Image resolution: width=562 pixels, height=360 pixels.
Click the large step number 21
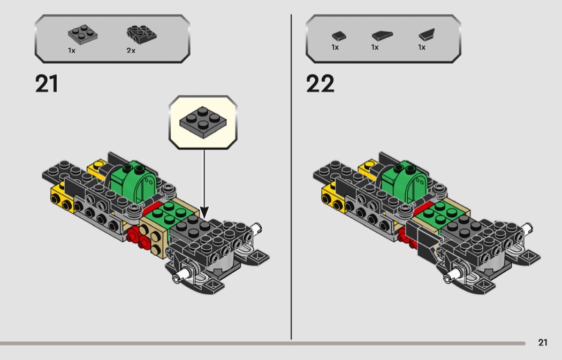(47, 84)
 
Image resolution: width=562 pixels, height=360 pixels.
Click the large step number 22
(320, 84)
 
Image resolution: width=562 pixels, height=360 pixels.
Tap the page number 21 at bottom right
(543, 343)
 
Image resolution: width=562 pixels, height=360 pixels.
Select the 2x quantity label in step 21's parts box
(131, 50)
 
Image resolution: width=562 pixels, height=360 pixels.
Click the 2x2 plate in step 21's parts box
(83, 35)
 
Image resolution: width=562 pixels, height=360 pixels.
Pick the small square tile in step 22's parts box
(338, 35)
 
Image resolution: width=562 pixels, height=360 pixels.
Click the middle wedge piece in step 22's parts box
(382, 35)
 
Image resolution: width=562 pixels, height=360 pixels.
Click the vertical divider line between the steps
(291, 177)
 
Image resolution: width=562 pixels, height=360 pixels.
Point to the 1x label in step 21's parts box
(71, 50)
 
